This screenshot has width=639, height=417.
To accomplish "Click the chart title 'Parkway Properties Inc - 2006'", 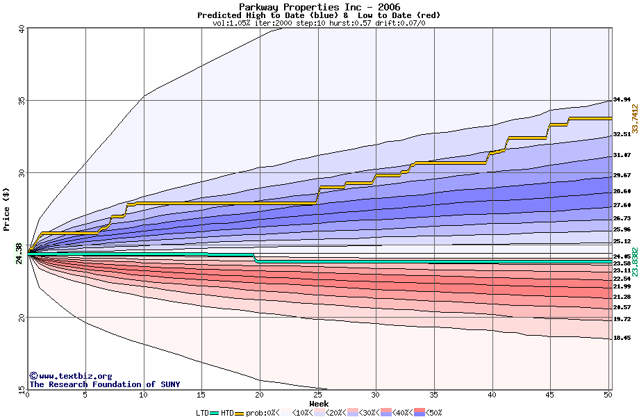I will click(x=319, y=6).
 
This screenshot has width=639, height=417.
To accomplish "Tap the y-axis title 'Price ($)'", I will click(x=7, y=209).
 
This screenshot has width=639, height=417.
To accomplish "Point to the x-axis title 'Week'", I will click(x=319, y=403).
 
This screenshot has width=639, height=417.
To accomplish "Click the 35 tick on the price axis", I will click(x=22, y=100).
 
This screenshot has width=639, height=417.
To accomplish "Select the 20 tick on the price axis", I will click(x=22, y=317).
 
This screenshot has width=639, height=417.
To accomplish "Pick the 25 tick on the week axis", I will click(x=317, y=394).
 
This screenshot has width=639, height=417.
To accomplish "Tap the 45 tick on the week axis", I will click(x=550, y=394).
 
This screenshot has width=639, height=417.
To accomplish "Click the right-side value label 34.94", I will click(x=622, y=99).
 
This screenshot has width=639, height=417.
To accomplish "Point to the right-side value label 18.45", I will click(x=622, y=338).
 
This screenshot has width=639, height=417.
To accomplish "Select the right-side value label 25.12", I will click(x=622, y=241).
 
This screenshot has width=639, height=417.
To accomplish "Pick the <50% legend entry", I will click(x=431, y=413).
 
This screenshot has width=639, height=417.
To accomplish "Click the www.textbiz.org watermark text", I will click(x=71, y=376).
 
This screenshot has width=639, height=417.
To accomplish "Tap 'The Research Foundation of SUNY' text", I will click(x=104, y=384).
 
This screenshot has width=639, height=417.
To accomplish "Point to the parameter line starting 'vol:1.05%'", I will click(x=319, y=23).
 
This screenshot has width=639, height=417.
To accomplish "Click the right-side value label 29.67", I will click(x=622, y=175).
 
